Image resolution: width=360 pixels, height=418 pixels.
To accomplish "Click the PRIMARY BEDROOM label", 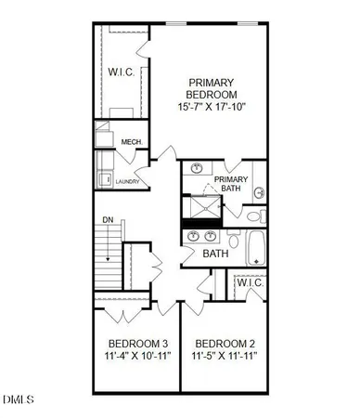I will (x=212, y=87).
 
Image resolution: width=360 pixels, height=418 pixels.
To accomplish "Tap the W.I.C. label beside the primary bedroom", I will (x=122, y=71).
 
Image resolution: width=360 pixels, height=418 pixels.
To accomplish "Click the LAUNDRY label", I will (x=127, y=181).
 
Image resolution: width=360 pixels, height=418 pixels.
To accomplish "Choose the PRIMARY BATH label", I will (x=231, y=184).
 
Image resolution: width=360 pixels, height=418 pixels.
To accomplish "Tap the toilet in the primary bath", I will (x=259, y=193).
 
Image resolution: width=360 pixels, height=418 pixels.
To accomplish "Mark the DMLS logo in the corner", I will (x=17, y=400).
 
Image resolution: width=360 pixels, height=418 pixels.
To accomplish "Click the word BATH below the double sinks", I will (x=215, y=254).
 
